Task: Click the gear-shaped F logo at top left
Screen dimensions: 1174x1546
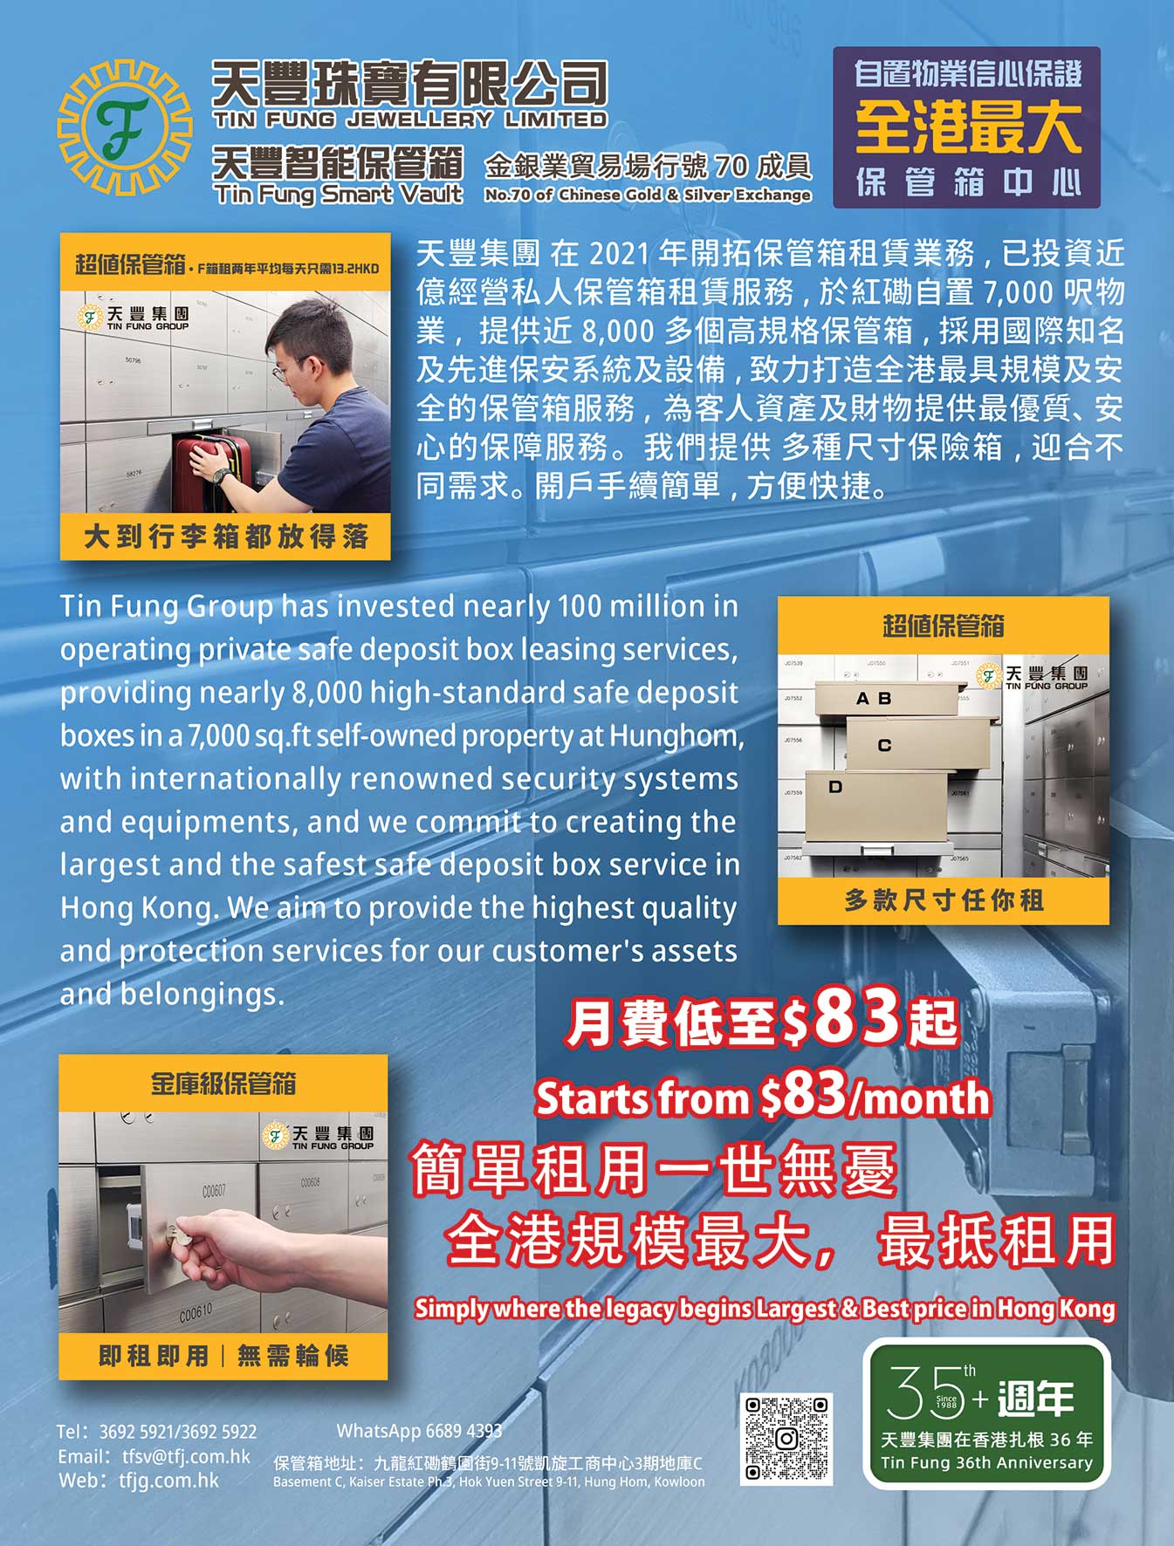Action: click(124, 128)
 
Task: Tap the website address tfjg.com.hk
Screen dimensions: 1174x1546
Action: click(169, 1481)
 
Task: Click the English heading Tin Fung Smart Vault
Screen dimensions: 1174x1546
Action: click(339, 194)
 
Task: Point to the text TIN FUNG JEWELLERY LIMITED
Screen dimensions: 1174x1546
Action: click(409, 120)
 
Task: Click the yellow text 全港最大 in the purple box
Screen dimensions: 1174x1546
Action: click(967, 127)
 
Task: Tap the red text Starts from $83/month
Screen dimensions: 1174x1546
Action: click(763, 1097)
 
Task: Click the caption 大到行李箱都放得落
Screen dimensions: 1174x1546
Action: click(226, 537)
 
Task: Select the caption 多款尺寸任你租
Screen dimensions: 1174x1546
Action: click(944, 900)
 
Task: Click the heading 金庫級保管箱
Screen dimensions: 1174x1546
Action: click(223, 1084)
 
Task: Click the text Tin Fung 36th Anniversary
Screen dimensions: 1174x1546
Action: click(986, 1463)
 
